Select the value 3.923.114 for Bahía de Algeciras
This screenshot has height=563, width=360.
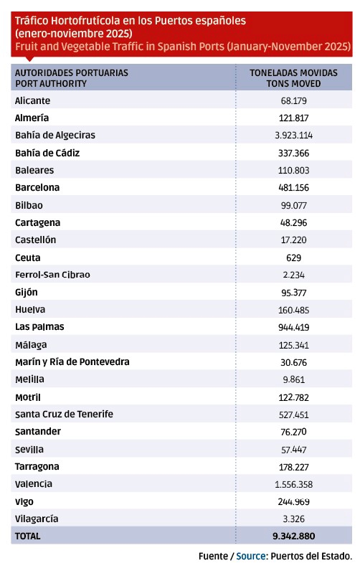tap(294, 134)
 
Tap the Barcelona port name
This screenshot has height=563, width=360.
tap(37, 187)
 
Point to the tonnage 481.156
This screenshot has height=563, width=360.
tap(294, 187)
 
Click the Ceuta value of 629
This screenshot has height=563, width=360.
tap(294, 257)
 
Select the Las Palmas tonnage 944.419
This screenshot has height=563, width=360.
tap(294, 327)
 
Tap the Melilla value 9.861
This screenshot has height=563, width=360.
tap(294, 379)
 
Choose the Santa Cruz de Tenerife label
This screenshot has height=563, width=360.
tap(64, 414)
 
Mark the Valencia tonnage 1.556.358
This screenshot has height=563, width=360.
tap(294, 484)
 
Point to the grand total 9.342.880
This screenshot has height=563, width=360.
tap(294, 536)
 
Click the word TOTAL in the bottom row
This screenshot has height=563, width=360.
tap(28, 536)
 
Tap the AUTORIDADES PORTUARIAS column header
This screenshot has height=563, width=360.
tap(71, 73)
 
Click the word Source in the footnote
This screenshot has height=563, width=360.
tap(251, 556)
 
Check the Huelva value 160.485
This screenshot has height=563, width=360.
tap(294, 310)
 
